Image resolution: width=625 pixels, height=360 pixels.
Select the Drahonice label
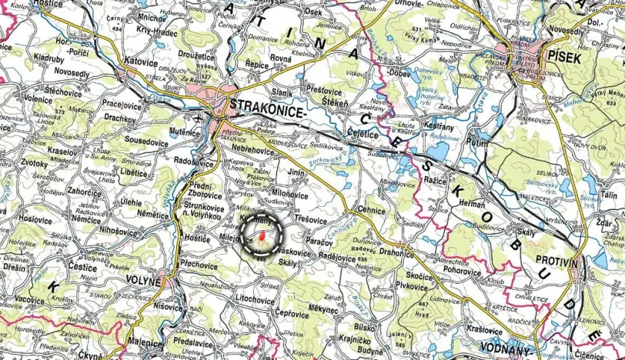point(397,252)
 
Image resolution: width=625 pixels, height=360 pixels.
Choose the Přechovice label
point(199,264)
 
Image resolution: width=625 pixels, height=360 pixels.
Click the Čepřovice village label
point(293,313)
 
